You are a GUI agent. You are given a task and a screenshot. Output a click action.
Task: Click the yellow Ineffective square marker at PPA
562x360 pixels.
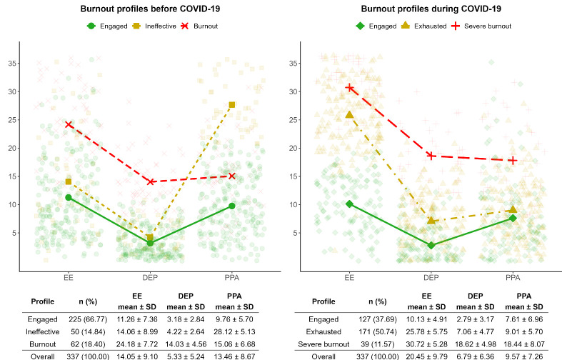[x=232, y=105]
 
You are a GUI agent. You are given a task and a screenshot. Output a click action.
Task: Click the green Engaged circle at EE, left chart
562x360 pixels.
[x=69, y=197]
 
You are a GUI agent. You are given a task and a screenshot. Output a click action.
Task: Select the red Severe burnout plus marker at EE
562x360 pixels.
[x=350, y=87]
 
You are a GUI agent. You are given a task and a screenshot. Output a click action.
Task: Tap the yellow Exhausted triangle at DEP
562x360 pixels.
[x=431, y=221]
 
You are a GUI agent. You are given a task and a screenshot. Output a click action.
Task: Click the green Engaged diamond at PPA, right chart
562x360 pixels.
[x=513, y=218]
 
